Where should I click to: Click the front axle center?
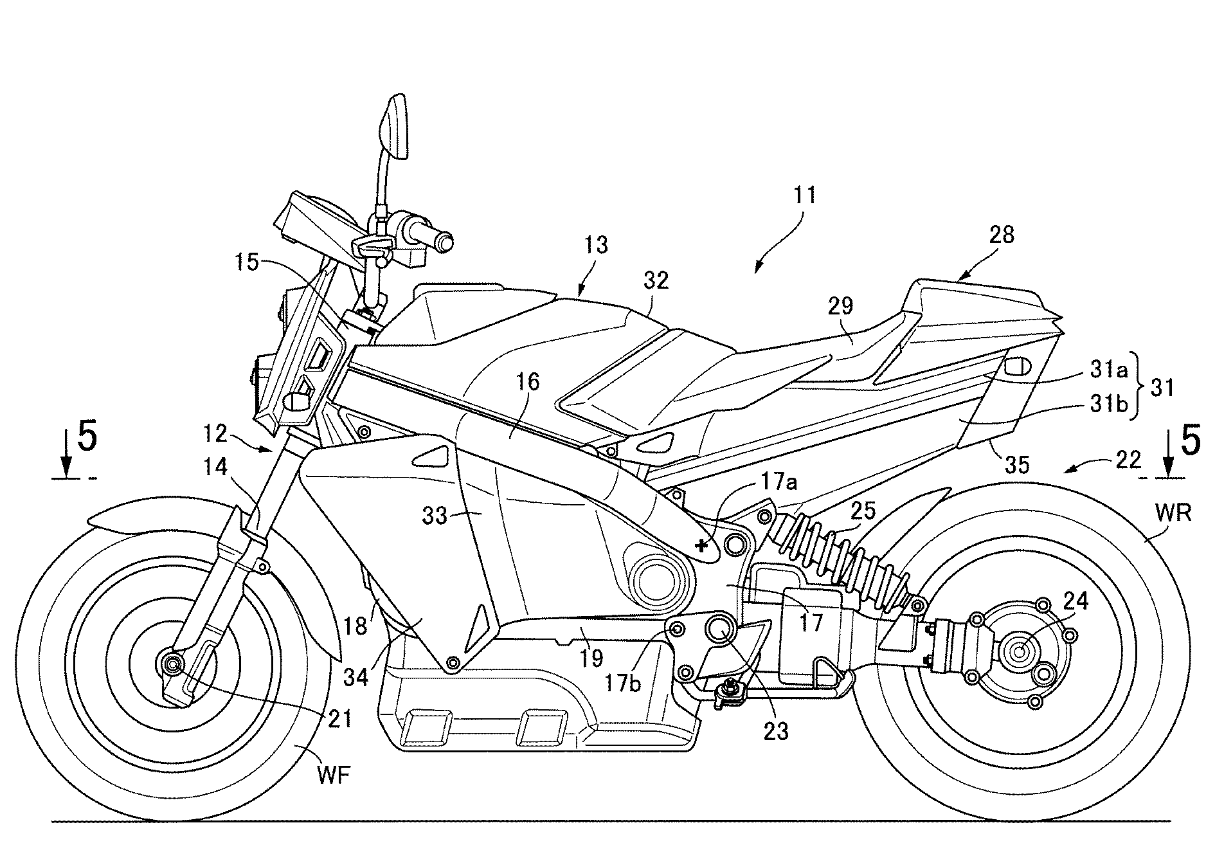[x=172, y=663]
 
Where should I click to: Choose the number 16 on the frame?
[x=527, y=382]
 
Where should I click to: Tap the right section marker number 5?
[x=1190, y=442]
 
